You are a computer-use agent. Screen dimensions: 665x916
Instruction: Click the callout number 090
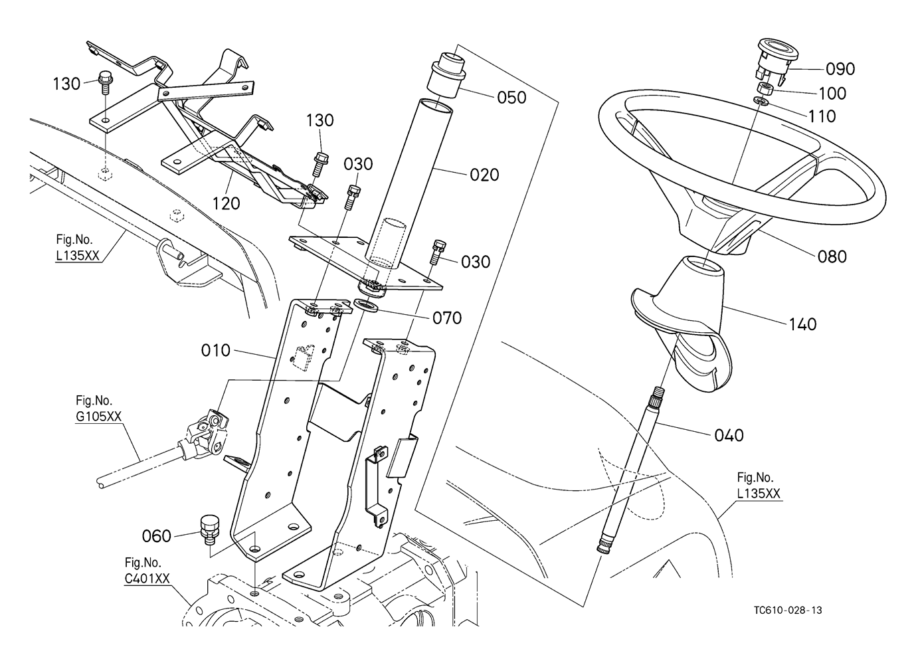coord(840,69)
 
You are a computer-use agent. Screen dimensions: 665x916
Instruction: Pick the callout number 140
coord(802,324)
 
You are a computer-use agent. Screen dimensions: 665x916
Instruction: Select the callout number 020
coord(484,175)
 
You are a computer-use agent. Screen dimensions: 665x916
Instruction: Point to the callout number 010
coord(215,350)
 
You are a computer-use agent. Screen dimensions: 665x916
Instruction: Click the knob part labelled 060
coord(209,526)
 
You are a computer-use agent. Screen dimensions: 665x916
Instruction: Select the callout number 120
coord(226,203)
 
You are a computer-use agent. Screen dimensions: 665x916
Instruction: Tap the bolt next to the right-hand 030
coord(438,250)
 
